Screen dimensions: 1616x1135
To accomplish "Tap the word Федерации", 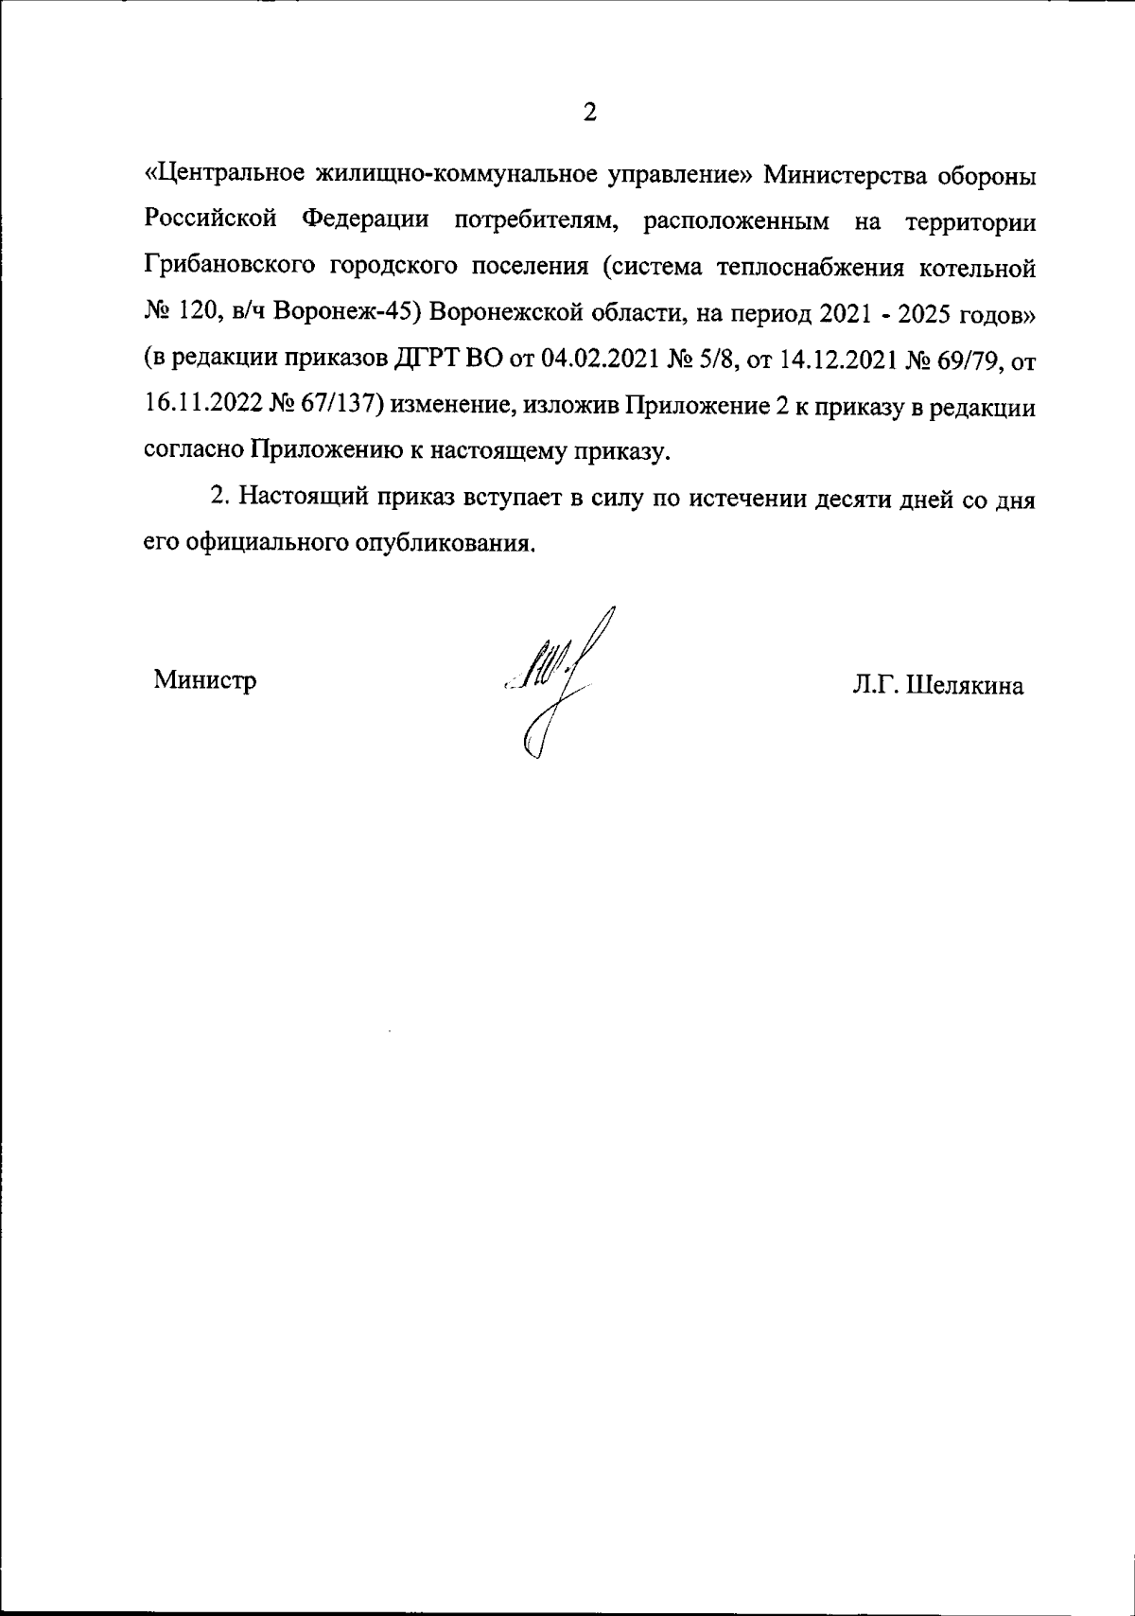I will click(365, 221).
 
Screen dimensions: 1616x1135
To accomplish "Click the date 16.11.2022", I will click(201, 406).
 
